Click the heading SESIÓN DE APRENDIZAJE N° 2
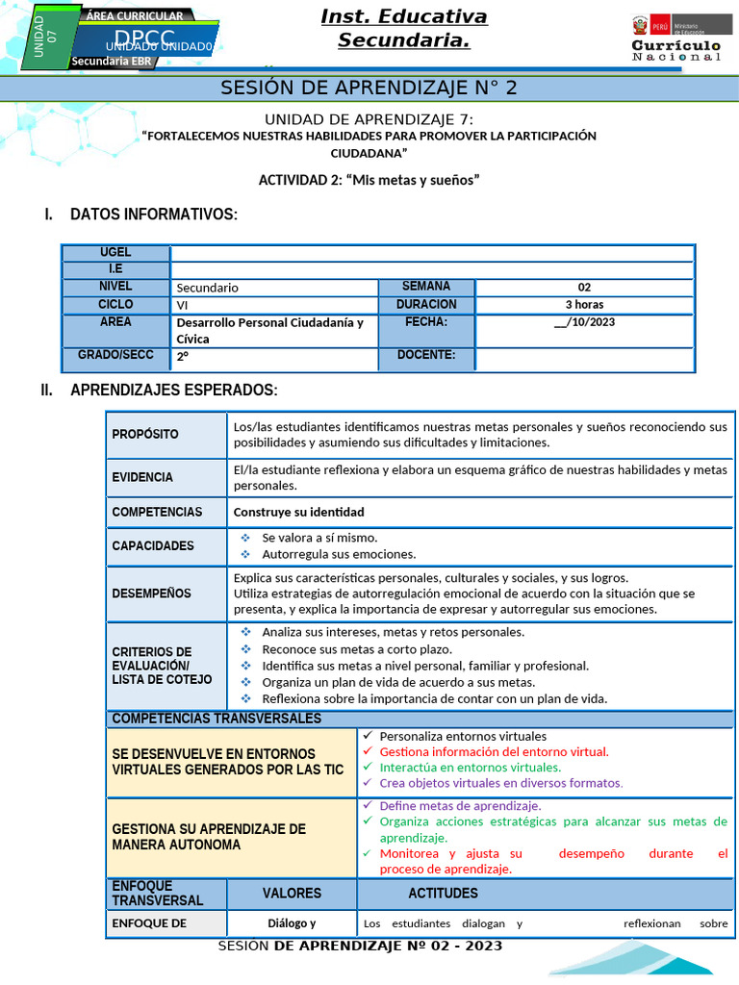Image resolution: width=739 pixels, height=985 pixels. pyautogui.click(x=369, y=88)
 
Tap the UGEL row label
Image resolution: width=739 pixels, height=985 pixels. pyautogui.click(x=115, y=252)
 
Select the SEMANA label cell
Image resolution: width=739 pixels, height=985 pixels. pyautogui.click(x=425, y=287)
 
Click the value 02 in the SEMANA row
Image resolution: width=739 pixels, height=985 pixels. pyautogui.click(x=584, y=287)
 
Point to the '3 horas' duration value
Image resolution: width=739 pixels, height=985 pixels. pyautogui.click(x=584, y=304)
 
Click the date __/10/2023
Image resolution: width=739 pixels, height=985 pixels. pyautogui.click(x=584, y=322)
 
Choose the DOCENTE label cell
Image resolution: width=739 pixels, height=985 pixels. pyautogui.click(x=425, y=356)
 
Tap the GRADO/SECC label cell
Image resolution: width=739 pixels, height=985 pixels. pyautogui.click(x=115, y=356)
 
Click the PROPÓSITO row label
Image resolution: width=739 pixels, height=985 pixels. pyautogui.click(x=145, y=435)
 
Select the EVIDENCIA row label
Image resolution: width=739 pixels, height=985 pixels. pyautogui.click(x=142, y=477)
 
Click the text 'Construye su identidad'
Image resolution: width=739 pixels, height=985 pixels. pyautogui.click(x=298, y=512)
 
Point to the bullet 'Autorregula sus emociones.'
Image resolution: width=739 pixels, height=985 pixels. pyautogui.click(x=339, y=554)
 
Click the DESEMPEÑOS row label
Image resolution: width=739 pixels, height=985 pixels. pyautogui.click(x=151, y=594)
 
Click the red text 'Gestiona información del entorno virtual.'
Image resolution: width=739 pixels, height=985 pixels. pyautogui.click(x=494, y=751)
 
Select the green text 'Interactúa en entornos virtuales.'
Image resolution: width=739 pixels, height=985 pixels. pyautogui.click(x=470, y=768)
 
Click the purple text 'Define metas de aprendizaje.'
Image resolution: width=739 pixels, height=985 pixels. pyautogui.click(x=460, y=805)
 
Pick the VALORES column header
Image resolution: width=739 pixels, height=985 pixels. pyautogui.click(x=292, y=894)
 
